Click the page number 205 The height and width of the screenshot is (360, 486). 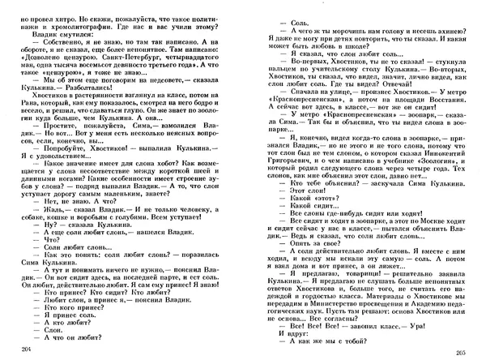pyautogui.click(x=462, y=349)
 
